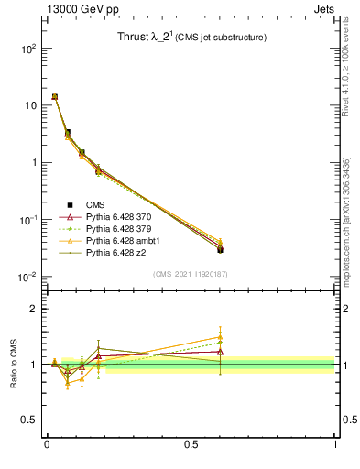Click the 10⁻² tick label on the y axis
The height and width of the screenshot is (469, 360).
(x=27, y=277)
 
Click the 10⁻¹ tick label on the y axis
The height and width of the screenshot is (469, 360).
(x=27, y=220)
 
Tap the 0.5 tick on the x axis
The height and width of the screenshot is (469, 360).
(x=191, y=444)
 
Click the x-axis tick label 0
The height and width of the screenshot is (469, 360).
(x=47, y=444)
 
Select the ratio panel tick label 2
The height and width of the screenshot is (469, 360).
(x=33, y=309)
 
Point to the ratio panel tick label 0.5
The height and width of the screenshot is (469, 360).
(x=29, y=420)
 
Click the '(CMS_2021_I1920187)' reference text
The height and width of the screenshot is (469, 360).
(x=191, y=274)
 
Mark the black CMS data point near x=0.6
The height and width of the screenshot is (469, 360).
(x=220, y=249)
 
